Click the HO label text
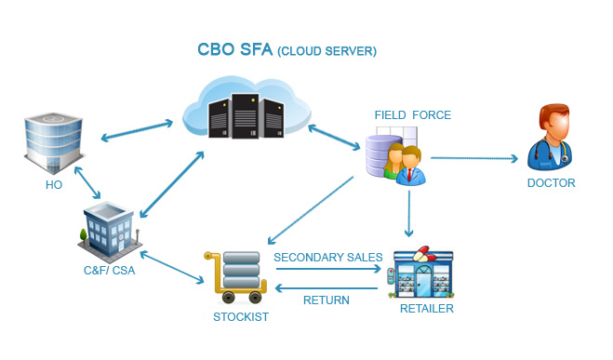(54, 184)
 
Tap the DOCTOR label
(552, 183)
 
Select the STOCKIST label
(241, 316)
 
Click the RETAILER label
(427, 309)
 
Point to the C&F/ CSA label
(110, 270)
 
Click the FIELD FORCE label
(413, 115)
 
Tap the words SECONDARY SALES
(328, 257)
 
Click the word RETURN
(326, 300)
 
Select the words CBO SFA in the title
(235, 49)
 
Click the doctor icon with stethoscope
(550, 137)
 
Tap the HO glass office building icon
(54, 143)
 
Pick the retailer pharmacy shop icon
(421, 273)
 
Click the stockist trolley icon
(235, 277)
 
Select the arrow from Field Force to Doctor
(474, 158)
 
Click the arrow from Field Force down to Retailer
(409, 214)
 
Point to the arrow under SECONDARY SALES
(328, 269)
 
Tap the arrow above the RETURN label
(326, 288)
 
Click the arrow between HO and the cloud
(137, 130)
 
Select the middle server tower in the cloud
(246, 116)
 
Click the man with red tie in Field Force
(410, 167)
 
